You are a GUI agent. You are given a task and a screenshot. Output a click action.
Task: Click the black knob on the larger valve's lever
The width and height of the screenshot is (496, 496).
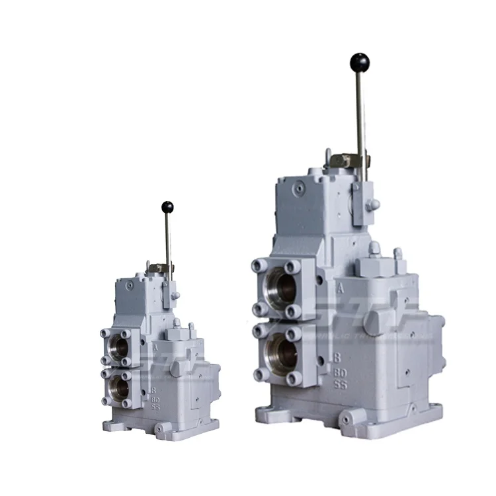point(359,63)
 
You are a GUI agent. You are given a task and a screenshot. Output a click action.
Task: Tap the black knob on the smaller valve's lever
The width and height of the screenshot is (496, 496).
point(167,208)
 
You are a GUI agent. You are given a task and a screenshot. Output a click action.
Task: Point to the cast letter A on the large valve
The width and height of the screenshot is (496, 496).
point(339,288)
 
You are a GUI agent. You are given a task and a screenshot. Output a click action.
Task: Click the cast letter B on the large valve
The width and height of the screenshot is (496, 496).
point(337,358)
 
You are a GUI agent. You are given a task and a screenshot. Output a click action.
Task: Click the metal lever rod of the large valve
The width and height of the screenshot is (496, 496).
point(360,112)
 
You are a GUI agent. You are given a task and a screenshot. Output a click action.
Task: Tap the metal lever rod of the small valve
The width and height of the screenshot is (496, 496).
point(168,238)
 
